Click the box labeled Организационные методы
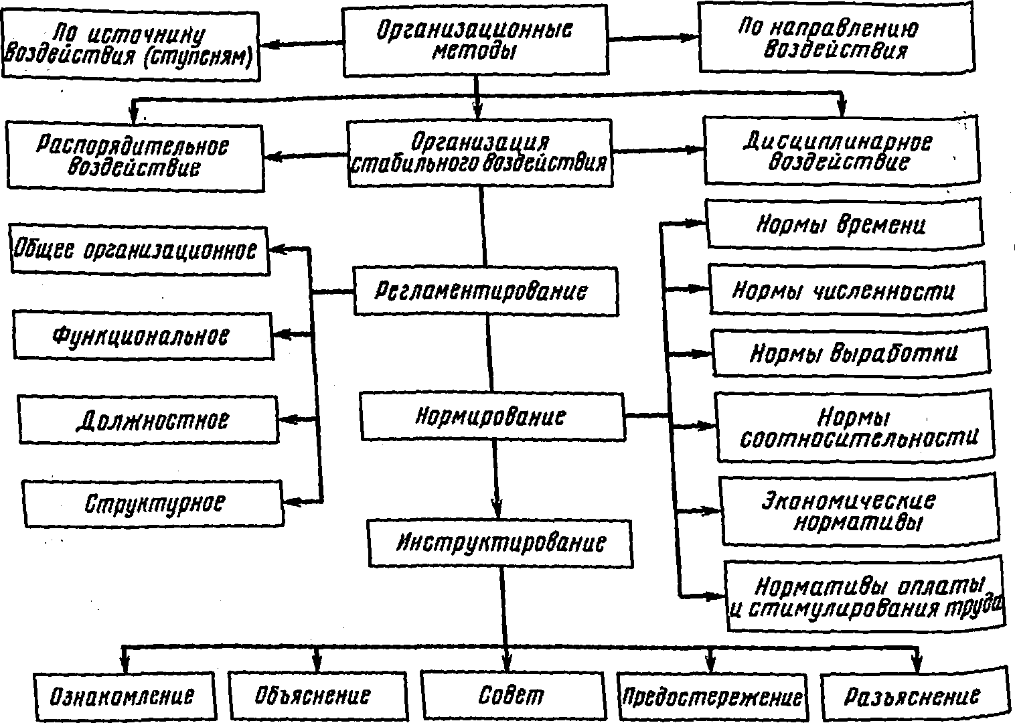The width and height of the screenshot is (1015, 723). (x=475, y=40)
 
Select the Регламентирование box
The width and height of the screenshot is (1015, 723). (x=486, y=291)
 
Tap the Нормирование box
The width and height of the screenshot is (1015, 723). (x=493, y=416)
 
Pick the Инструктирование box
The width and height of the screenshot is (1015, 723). (x=500, y=543)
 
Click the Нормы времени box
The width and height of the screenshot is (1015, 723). (x=845, y=224)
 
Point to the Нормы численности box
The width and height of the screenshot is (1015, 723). (x=848, y=289)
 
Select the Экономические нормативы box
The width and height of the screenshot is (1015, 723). (x=860, y=511)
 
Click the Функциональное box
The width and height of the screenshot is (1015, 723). (x=143, y=337)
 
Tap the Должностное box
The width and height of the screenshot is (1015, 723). (x=148, y=420)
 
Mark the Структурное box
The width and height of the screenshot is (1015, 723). (x=153, y=503)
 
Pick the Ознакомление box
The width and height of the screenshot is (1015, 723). (x=124, y=697)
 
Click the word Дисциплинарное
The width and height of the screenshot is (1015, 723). (x=838, y=142)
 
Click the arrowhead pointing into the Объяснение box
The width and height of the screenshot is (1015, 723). (x=317, y=664)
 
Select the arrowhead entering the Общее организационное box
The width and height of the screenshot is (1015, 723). (x=277, y=250)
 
